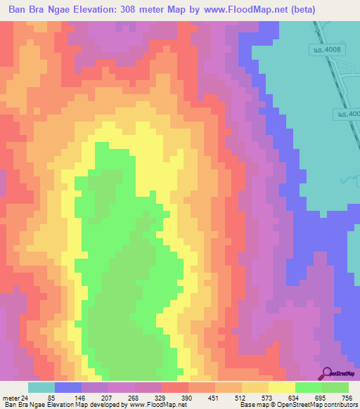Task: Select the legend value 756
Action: [x=347, y=397]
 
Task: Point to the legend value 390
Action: [x=188, y=397]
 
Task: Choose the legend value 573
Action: [x=268, y=397]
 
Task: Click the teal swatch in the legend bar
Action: [x=41, y=387]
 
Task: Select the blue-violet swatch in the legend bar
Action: [x=68, y=387]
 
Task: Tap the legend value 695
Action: [x=321, y=397]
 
